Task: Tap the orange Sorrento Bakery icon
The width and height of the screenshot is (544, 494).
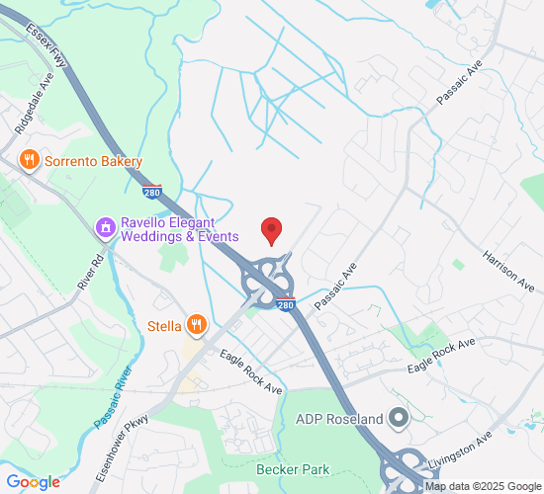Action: pyautogui.click(x=30, y=161)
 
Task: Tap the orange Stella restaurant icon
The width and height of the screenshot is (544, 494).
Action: pyautogui.click(x=198, y=324)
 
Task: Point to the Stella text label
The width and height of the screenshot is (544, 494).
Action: pyautogui.click(x=164, y=325)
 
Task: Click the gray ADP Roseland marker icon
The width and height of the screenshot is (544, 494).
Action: pyautogui.click(x=399, y=419)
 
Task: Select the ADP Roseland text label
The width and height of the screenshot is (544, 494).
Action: pyautogui.click(x=339, y=419)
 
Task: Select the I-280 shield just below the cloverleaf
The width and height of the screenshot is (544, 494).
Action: pyautogui.click(x=285, y=305)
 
